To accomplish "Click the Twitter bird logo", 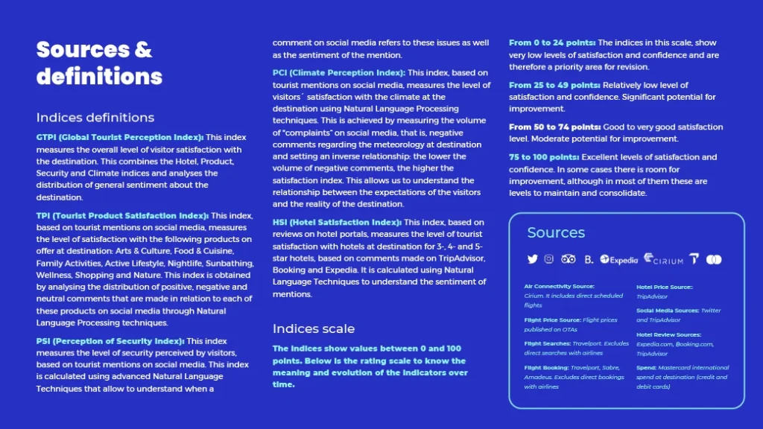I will click(532, 259).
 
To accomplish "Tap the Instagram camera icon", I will click(549, 259).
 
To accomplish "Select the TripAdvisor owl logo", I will click(569, 259).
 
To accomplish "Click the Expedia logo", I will click(618, 260).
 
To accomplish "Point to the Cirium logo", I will click(663, 259).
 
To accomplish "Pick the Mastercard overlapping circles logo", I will click(714, 259).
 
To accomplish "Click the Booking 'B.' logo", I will click(589, 259).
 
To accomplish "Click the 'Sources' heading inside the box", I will click(556, 232).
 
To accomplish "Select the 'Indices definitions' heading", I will click(95, 118).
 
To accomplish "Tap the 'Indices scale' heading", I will click(314, 328).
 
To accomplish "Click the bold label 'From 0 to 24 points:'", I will click(552, 43).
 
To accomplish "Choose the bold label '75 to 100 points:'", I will click(544, 157).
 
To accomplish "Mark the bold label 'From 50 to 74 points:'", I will click(554, 127).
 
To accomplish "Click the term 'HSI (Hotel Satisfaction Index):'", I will click(338, 222).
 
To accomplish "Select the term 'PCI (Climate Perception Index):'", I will click(339, 72).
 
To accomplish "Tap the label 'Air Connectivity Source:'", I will click(559, 286).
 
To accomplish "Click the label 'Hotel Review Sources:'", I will click(668, 335).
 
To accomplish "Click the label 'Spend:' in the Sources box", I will click(646, 368).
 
